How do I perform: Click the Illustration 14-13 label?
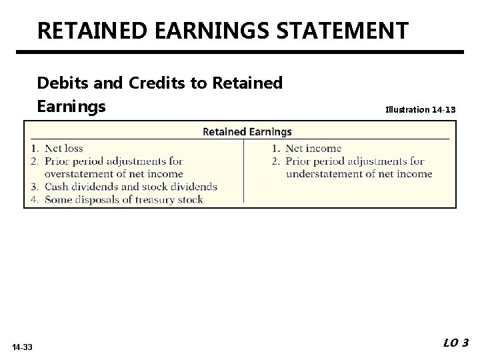point(421,108)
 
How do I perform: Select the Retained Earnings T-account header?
point(247,131)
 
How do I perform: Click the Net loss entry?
point(63,148)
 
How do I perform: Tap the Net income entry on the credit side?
point(313,148)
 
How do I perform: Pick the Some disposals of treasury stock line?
point(123,199)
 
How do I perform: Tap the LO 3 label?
point(455,343)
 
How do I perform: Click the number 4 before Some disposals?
point(34,199)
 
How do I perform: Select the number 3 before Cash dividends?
point(34,186)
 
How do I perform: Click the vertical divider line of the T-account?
point(244,170)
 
